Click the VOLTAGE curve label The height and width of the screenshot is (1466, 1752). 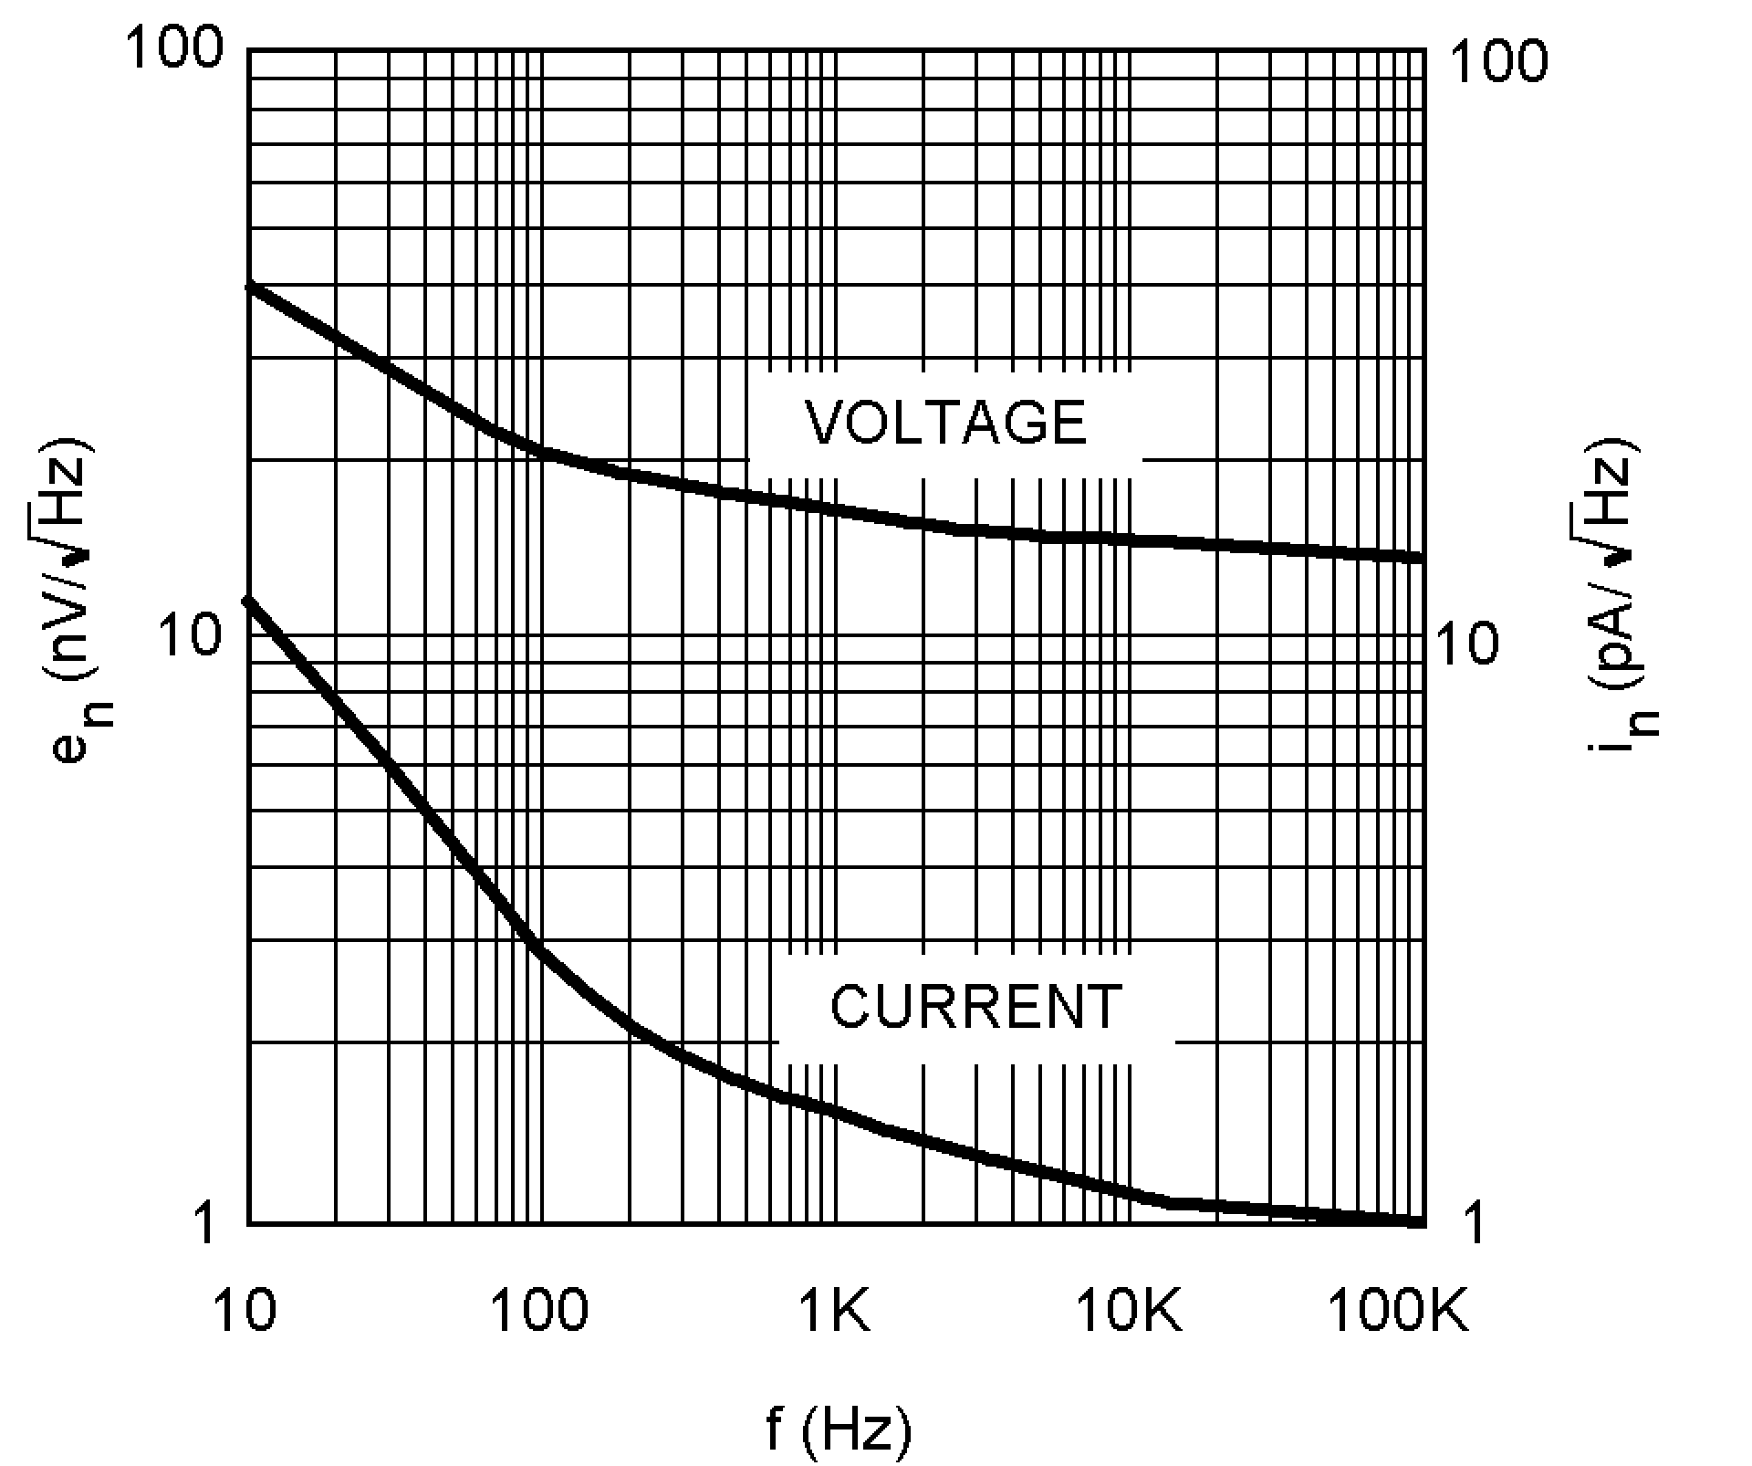point(946,422)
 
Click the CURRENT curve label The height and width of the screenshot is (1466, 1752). point(975,1007)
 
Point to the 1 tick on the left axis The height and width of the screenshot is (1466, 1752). point(206,1222)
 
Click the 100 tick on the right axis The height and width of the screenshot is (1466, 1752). point(1498,62)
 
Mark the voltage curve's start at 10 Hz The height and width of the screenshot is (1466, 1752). point(250,287)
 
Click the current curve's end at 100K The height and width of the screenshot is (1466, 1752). point(1419,1220)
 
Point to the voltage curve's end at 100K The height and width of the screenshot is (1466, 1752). point(1419,556)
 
